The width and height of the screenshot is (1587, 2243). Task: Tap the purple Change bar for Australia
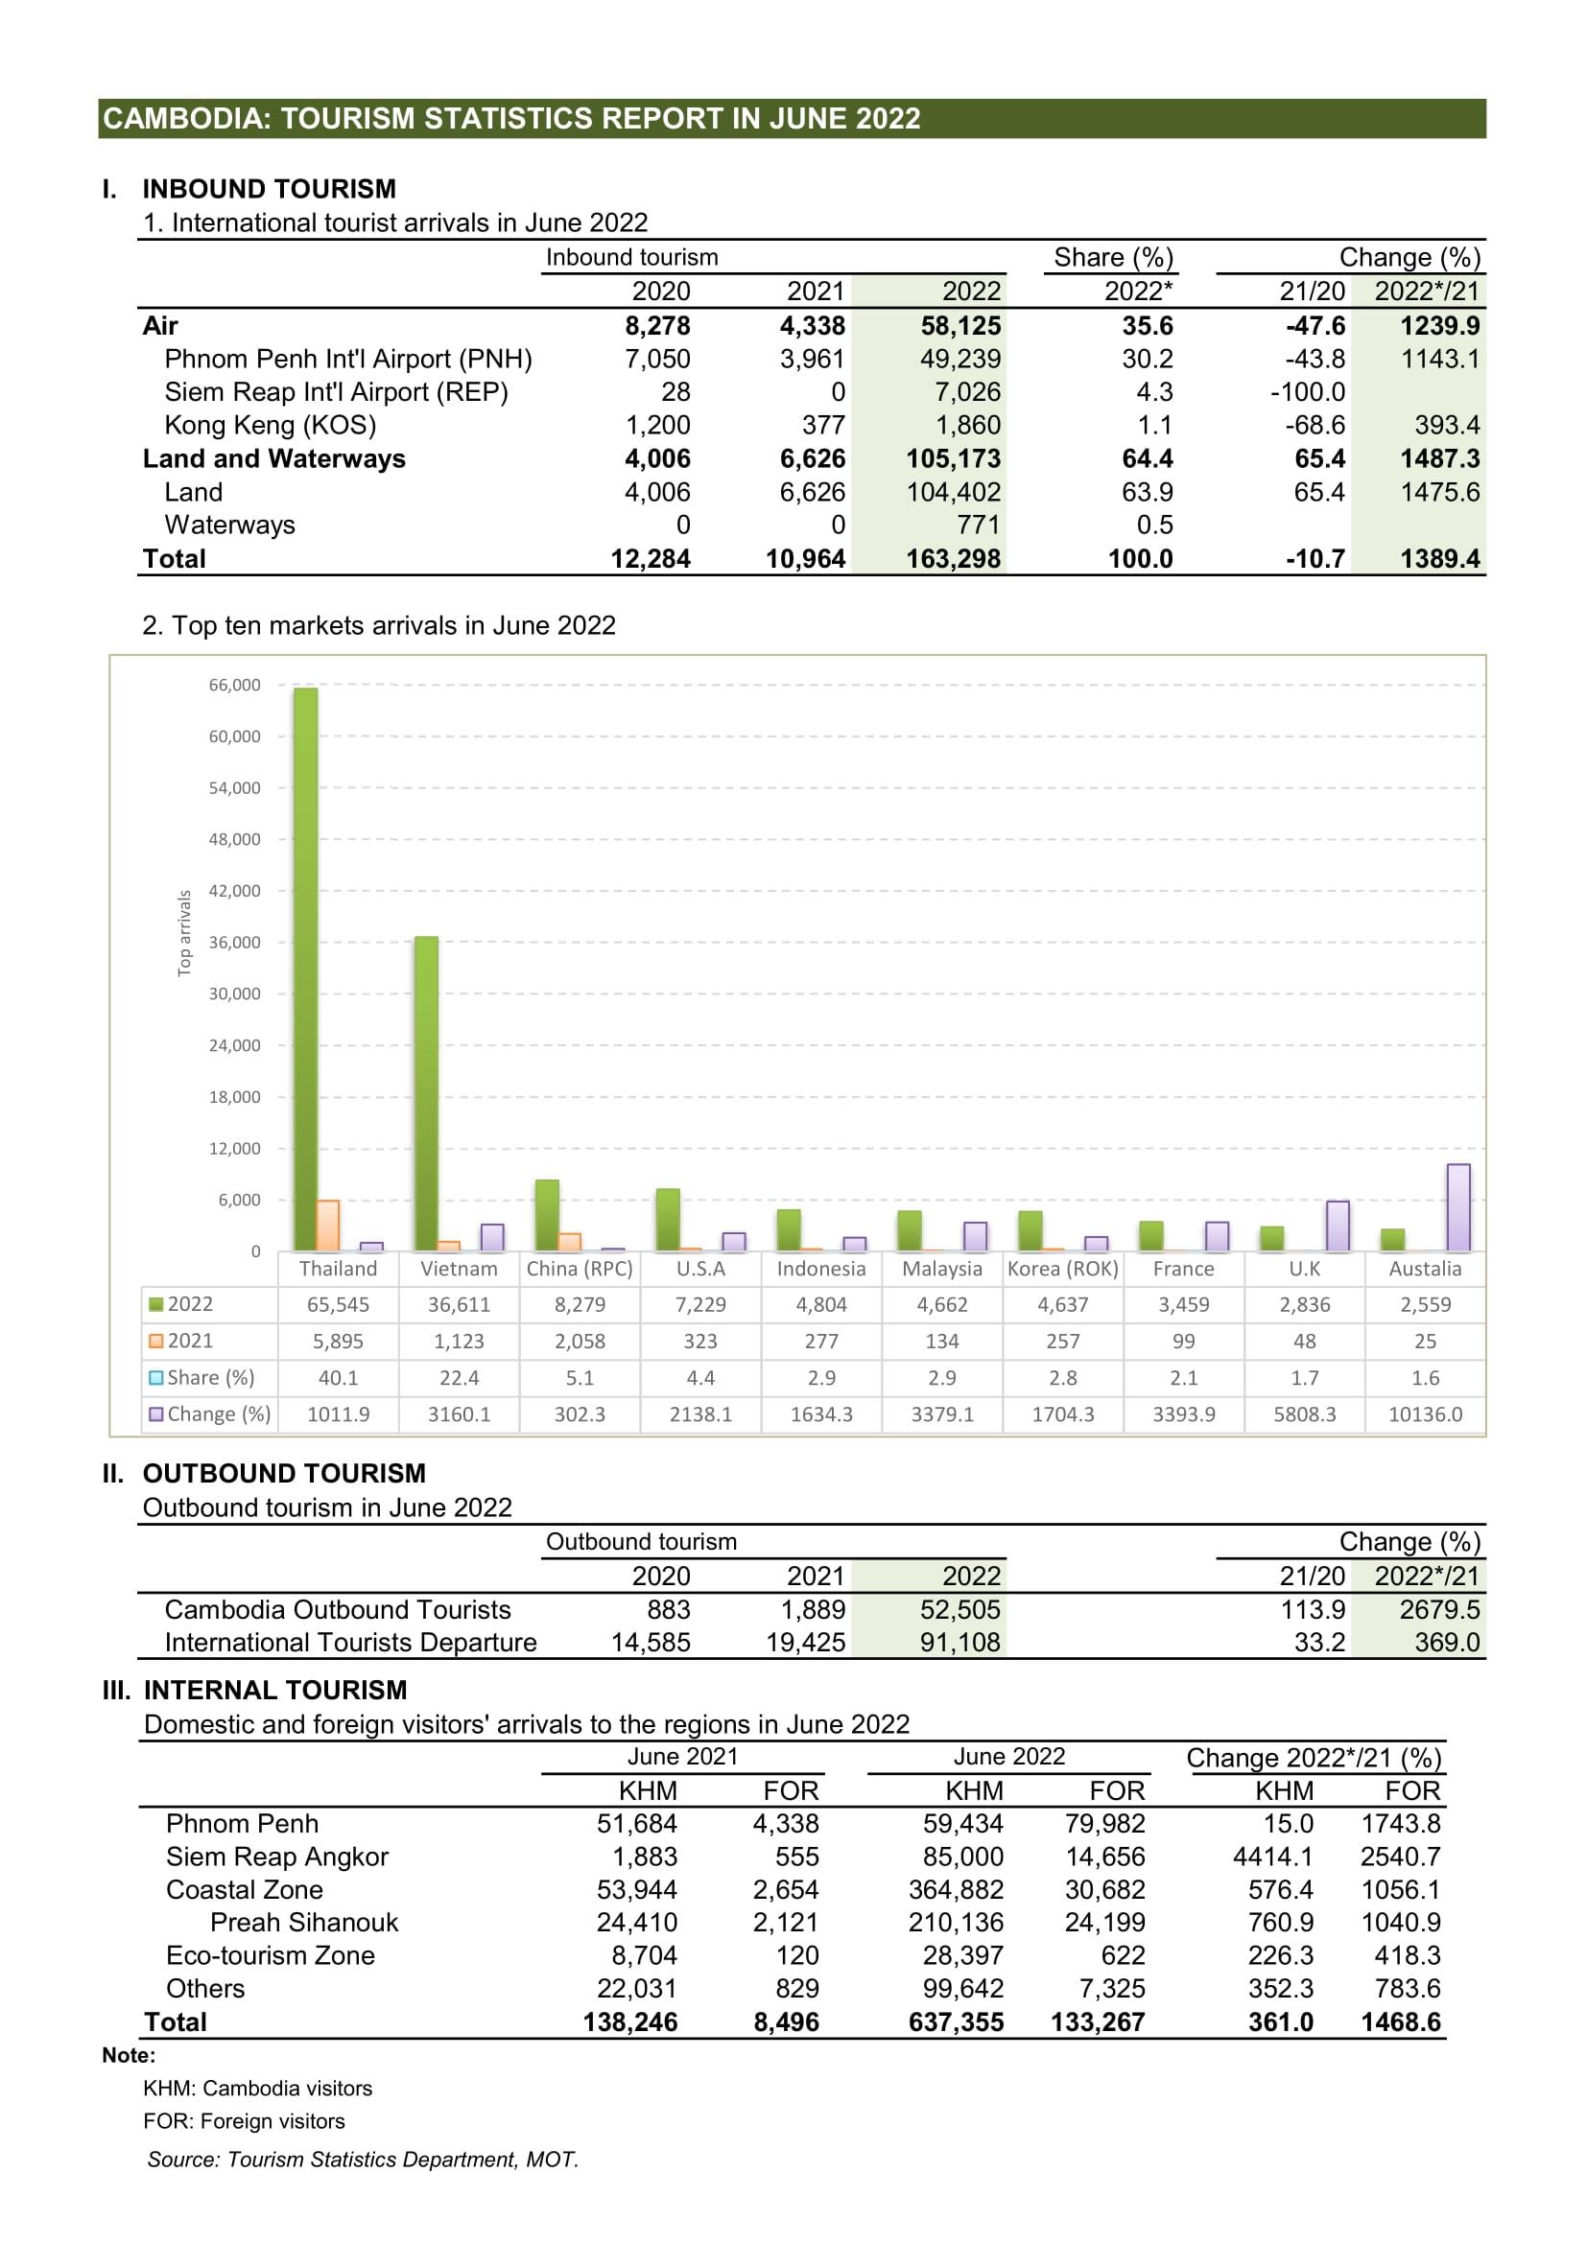[1458, 1206]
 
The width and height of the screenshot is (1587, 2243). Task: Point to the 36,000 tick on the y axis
[234, 942]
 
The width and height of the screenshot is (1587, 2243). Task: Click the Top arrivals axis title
[183, 932]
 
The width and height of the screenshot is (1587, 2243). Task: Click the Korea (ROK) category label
[1062, 1268]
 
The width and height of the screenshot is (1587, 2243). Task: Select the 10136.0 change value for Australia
[1425, 1414]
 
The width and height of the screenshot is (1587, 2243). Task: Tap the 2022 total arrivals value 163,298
[953, 559]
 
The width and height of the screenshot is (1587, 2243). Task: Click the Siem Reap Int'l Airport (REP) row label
[336, 392]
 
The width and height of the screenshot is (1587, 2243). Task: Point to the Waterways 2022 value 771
[978, 525]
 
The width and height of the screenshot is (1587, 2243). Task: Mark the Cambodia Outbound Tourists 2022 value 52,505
[959, 1609]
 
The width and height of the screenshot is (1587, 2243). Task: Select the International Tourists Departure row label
[350, 1642]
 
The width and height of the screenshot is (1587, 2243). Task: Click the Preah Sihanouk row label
[304, 1922]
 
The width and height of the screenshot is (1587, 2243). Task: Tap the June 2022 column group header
[1008, 1756]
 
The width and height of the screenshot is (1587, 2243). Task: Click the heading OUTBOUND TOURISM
[283, 1473]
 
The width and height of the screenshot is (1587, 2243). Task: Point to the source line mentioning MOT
[363, 2159]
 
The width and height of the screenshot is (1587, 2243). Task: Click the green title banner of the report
[792, 118]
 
